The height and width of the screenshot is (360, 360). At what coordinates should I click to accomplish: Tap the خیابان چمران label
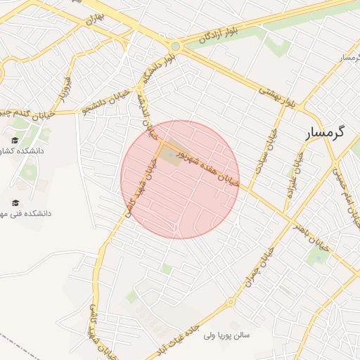click(258, 266)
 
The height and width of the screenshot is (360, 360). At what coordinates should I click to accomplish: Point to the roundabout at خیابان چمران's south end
click(230, 302)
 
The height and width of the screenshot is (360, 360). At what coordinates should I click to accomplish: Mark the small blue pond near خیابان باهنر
click(318, 257)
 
